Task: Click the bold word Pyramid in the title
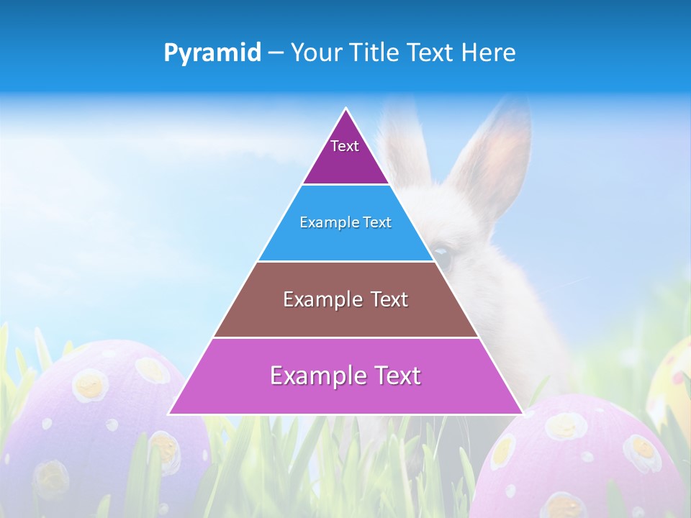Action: point(212,53)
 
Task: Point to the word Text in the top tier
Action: point(345,146)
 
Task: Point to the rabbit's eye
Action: point(443,256)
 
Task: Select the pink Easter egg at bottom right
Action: point(583,460)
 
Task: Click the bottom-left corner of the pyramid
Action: point(168,414)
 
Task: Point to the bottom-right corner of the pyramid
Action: point(523,414)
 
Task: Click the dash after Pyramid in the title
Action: point(276,53)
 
